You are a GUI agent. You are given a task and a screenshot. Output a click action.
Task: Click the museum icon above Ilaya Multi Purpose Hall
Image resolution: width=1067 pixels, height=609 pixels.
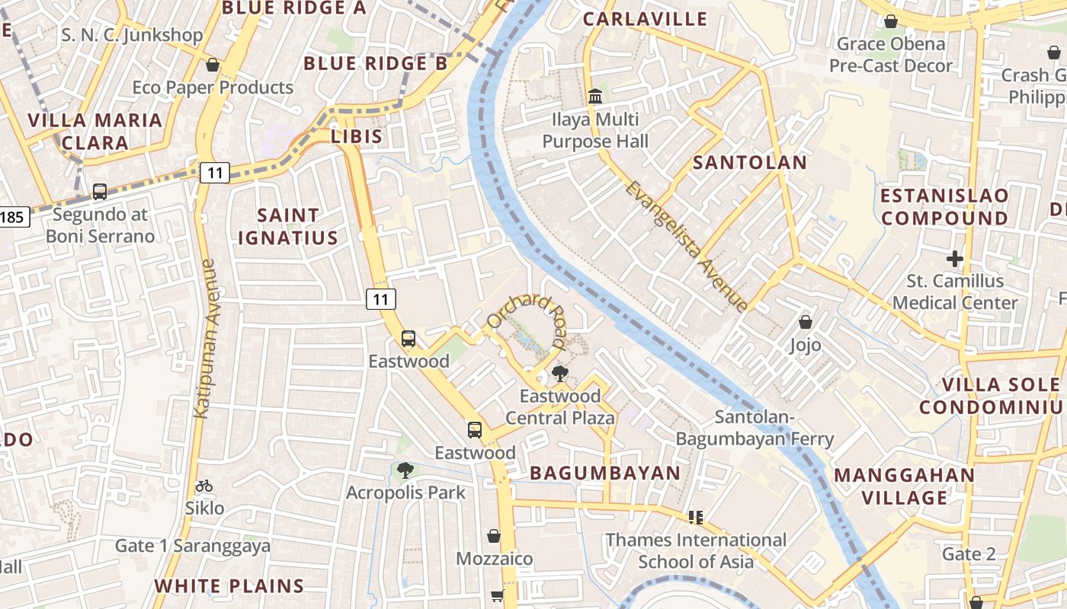coord(594,97)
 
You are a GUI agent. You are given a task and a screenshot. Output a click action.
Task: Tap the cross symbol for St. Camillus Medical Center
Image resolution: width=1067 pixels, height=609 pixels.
coord(954,259)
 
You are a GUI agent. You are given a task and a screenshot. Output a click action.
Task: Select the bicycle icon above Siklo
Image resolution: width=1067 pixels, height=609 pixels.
coord(204,486)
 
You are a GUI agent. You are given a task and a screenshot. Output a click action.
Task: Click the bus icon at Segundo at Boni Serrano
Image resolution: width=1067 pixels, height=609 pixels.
coord(100,192)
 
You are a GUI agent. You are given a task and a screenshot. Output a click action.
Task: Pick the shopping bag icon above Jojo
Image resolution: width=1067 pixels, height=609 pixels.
coord(806,322)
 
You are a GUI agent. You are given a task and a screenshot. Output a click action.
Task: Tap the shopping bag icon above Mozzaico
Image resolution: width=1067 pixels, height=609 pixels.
coord(494,536)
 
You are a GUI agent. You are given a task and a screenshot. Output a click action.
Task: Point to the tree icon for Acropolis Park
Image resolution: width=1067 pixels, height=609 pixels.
coord(405,470)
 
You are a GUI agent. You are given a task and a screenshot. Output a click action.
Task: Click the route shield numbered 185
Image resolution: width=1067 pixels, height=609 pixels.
coord(13,218)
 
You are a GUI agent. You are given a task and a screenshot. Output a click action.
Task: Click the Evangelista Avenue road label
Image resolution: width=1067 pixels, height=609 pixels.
coord(687,246)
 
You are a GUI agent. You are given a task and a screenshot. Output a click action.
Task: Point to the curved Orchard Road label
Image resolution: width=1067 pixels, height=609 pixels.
coord(527,314)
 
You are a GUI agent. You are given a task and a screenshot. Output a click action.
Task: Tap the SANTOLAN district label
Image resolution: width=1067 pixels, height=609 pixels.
coord(749,162)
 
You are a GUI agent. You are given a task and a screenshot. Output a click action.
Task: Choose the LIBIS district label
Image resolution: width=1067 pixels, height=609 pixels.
coord(357,136)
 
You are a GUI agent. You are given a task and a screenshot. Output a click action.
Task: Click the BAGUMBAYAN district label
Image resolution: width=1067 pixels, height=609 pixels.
coord(605,473)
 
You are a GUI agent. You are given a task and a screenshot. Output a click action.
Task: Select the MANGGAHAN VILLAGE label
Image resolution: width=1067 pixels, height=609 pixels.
coord(904,486)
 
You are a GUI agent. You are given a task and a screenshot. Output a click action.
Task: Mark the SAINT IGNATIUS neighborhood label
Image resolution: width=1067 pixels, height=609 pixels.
coord(288,227)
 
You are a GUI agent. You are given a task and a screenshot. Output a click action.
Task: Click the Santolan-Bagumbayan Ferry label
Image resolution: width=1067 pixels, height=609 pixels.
coord(755,428)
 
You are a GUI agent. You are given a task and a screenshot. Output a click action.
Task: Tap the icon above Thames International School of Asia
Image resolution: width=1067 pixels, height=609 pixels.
coord(695,518)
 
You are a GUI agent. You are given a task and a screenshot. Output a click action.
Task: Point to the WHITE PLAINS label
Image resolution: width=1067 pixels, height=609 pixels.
coord(229,586)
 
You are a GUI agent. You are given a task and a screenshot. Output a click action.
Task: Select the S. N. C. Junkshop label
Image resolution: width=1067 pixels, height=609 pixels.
coord(132,35)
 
